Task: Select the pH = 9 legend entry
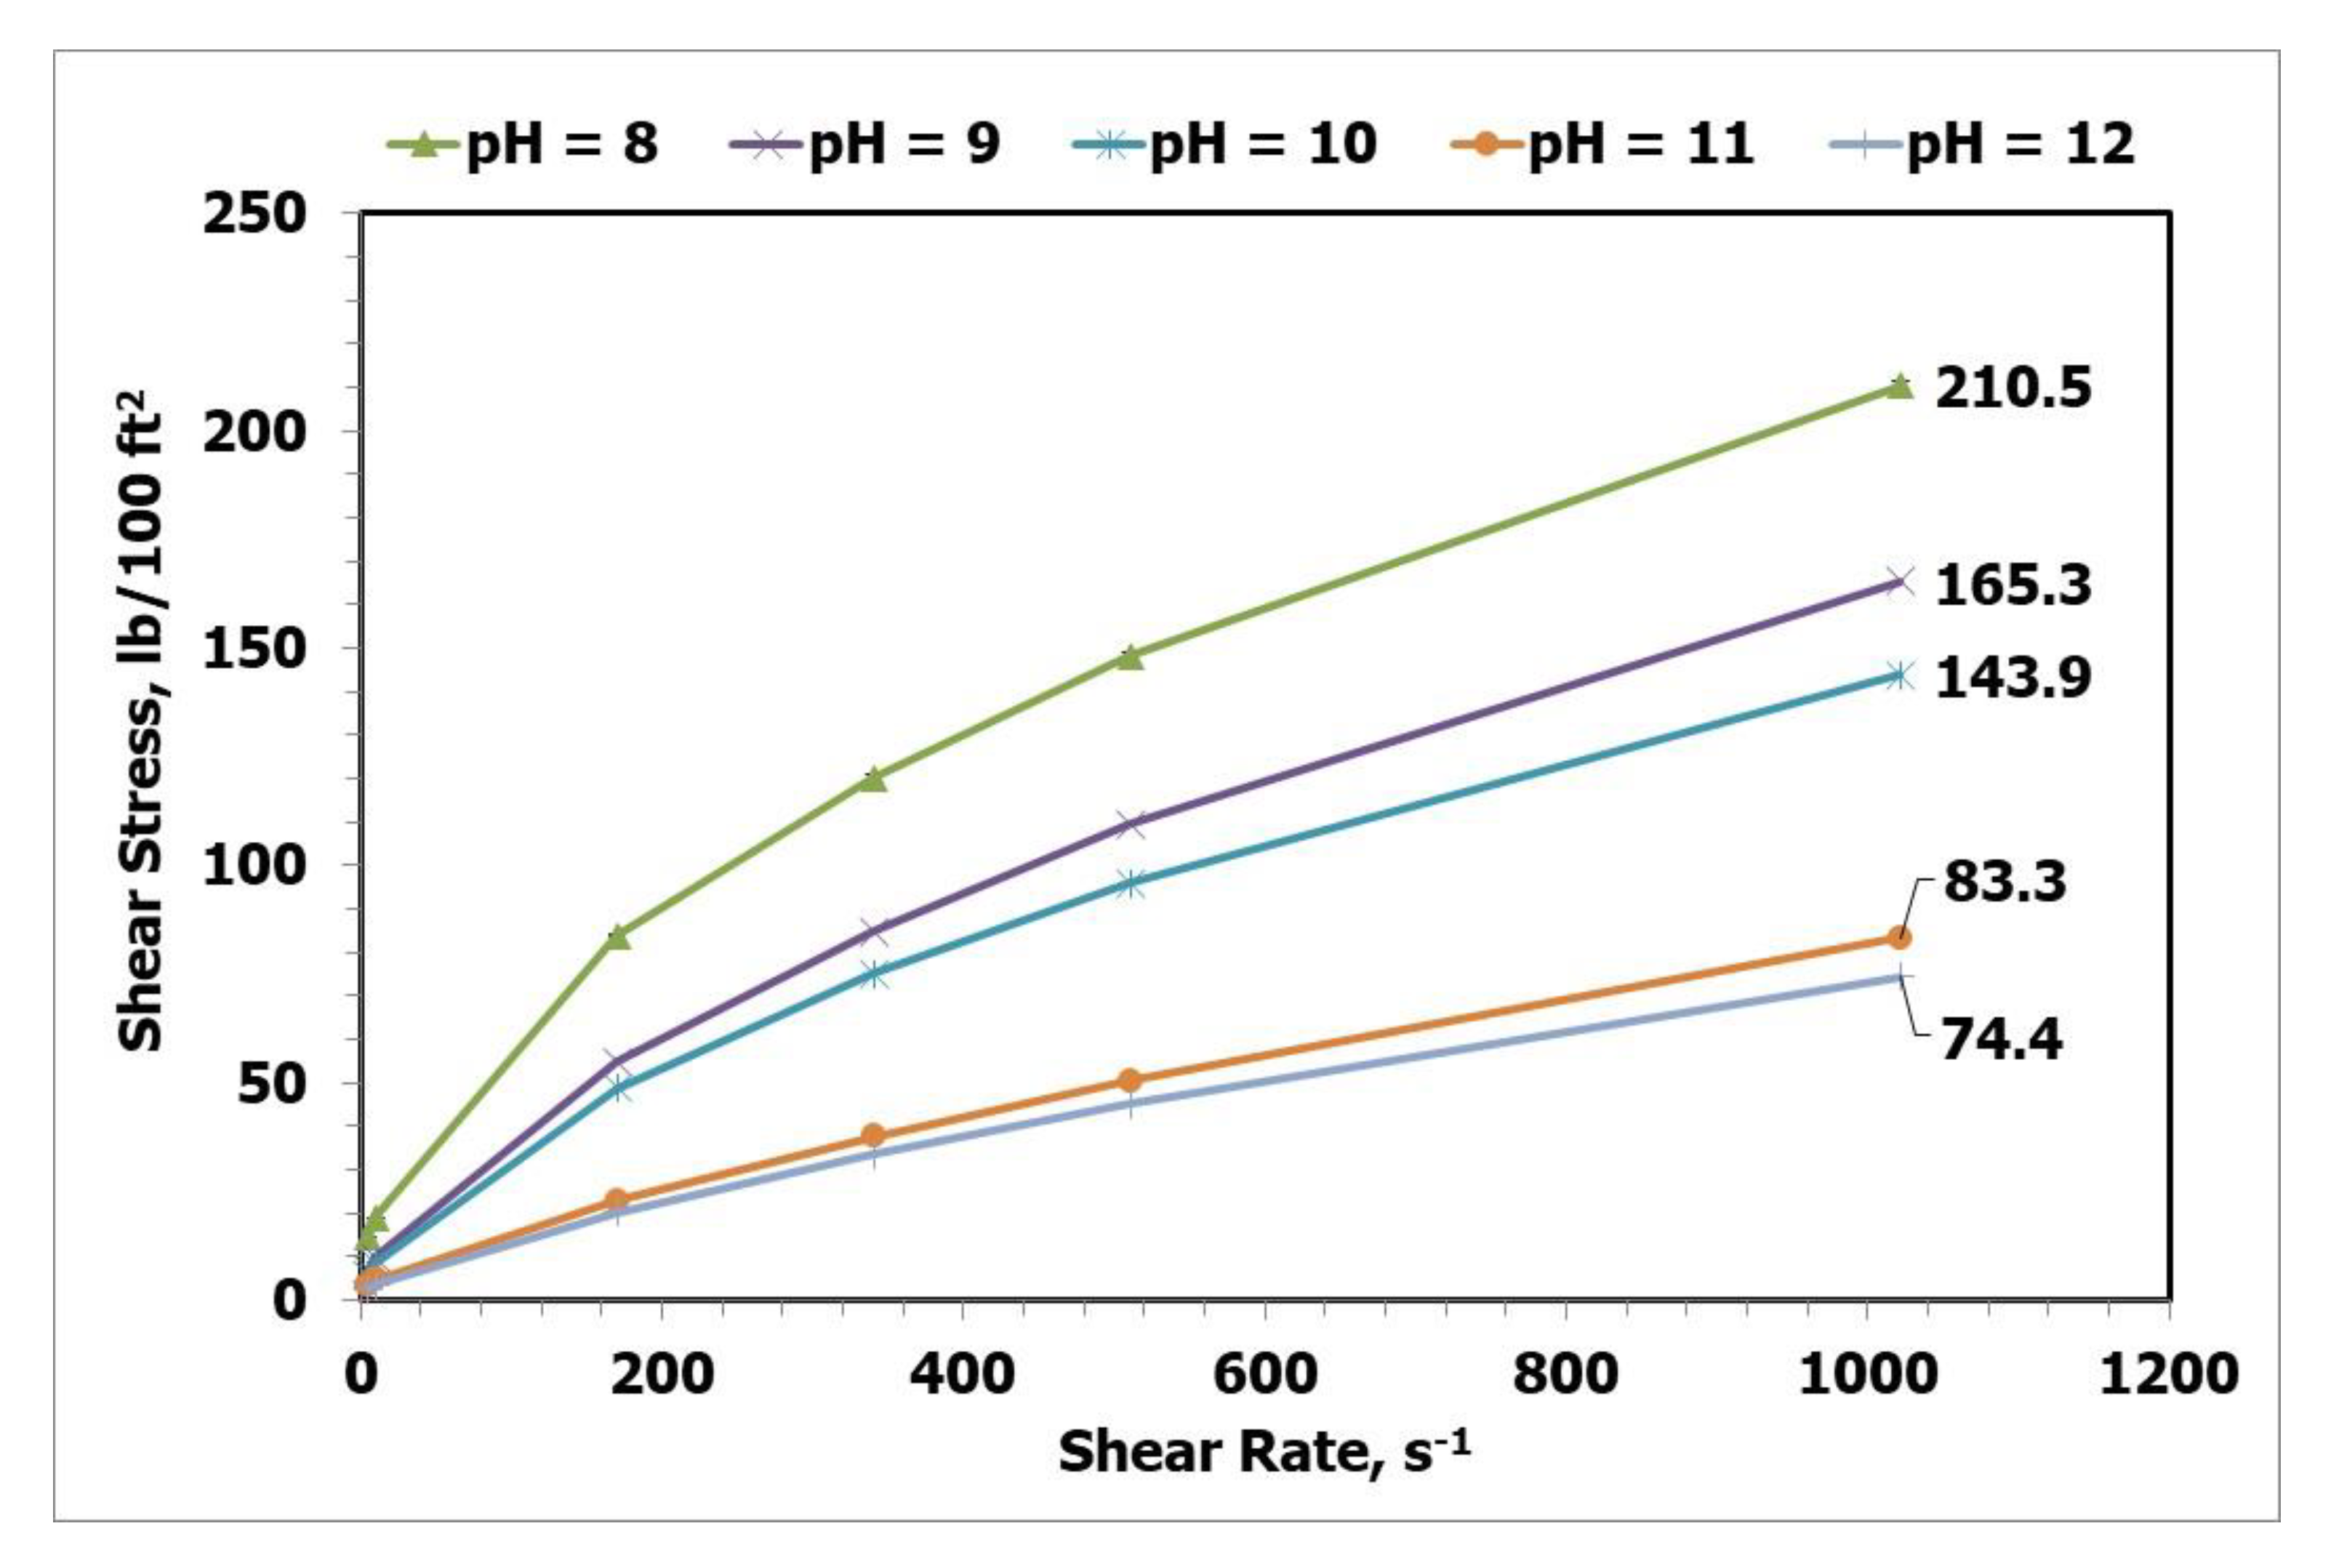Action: coord(865,145)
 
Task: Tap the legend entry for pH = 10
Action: coord(1224,145)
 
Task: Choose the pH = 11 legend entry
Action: coord(1602,145)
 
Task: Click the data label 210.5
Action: coord(2013,387)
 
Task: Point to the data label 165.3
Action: coord(2013,585)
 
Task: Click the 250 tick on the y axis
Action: coord(253,214)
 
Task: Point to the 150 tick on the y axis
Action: coord(253,648)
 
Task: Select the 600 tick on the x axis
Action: coord(1264,1375)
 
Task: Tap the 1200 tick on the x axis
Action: coord(2168,1375)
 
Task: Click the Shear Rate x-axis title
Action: coord(1264,1452)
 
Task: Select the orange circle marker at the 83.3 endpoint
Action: coord(1898,937)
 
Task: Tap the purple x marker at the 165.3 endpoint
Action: coord(1898,582)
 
